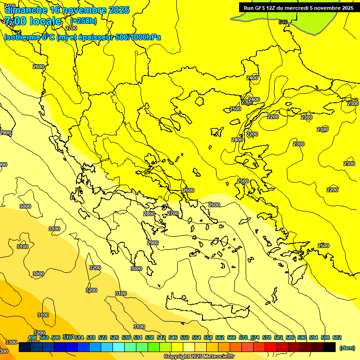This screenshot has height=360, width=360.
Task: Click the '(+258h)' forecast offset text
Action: (83, 21)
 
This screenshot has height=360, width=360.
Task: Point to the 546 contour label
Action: (283, 22)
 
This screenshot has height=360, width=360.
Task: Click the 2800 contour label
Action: (149, 214)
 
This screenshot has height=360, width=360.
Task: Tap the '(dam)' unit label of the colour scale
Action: (346, 348)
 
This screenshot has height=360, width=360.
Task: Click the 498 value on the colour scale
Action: (32, 337)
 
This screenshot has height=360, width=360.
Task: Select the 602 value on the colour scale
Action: (337, 337)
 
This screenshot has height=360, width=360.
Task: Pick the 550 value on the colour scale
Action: (185, 337)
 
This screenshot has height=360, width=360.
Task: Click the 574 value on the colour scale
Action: (255, 337)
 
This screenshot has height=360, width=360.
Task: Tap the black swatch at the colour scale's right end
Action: (330, 347)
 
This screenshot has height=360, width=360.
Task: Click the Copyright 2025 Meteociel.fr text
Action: (199, 357)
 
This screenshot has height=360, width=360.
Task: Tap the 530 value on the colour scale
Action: (126, 337)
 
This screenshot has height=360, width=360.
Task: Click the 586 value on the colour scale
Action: (290, 337)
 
